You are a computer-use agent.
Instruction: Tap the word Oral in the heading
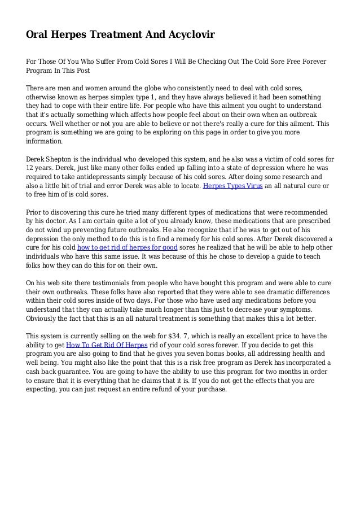coord(39,35)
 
